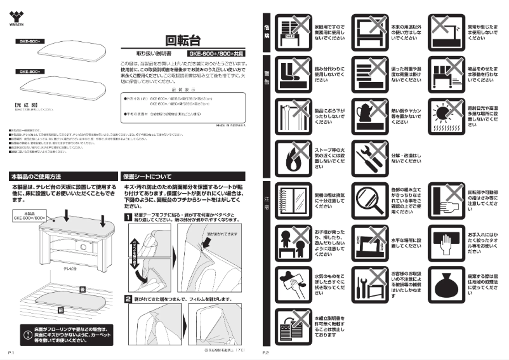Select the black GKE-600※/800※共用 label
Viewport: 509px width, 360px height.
point(215,54)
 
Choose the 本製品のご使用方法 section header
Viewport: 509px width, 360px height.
point(36,175)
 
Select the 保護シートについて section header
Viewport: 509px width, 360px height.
point(148,175)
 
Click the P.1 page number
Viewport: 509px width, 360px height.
point(11,352)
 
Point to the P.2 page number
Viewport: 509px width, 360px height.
point(266,352)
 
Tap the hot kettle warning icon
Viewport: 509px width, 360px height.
point(369,114)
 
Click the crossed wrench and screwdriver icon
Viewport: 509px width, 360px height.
point(369,157)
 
